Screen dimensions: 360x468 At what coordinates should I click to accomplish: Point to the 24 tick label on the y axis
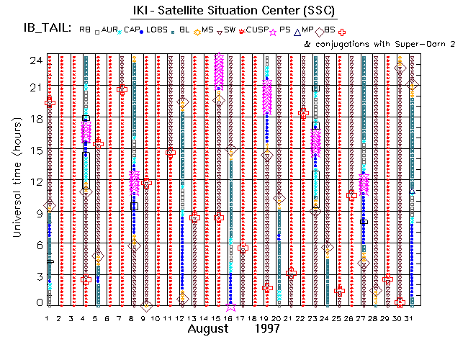(x=34, y=60)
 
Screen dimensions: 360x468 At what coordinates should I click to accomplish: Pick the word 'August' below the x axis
(x=210, y=329)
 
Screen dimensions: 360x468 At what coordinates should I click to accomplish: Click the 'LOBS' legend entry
(x=157, y=30)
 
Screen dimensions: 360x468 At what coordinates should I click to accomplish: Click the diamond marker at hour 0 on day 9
(x=145, y=305)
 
